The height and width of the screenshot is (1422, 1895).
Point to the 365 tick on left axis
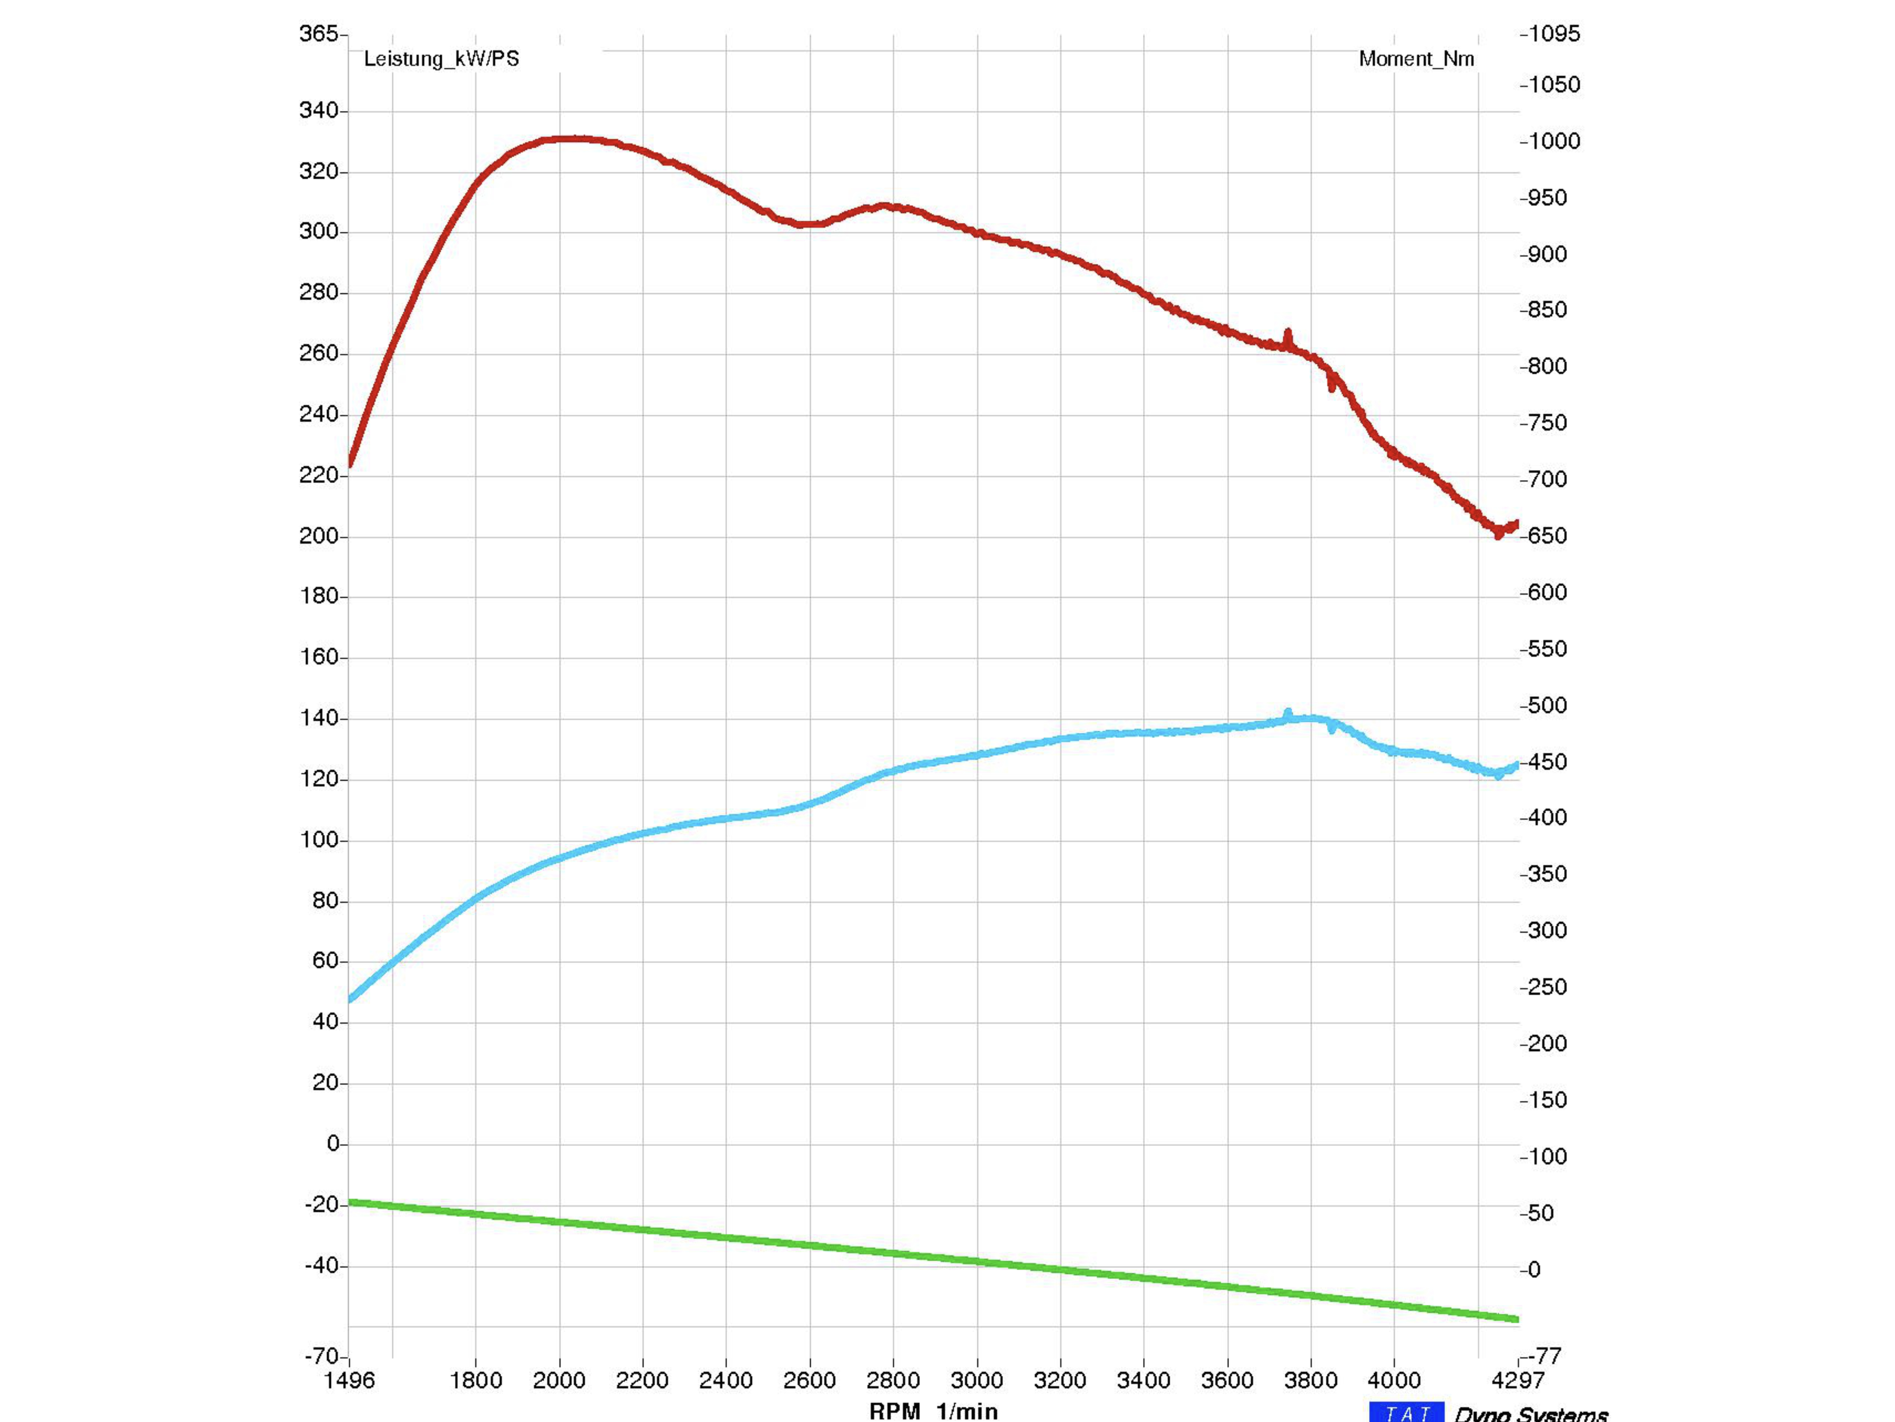(318, 33)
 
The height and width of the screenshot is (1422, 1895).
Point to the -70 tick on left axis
(322, 1356)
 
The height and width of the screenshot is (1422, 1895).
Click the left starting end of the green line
(351, 1202)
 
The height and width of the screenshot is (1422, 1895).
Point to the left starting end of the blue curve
(351, 999)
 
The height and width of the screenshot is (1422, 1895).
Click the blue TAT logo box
(1406, 1412)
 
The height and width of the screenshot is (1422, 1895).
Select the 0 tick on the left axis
(333, 1144)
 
